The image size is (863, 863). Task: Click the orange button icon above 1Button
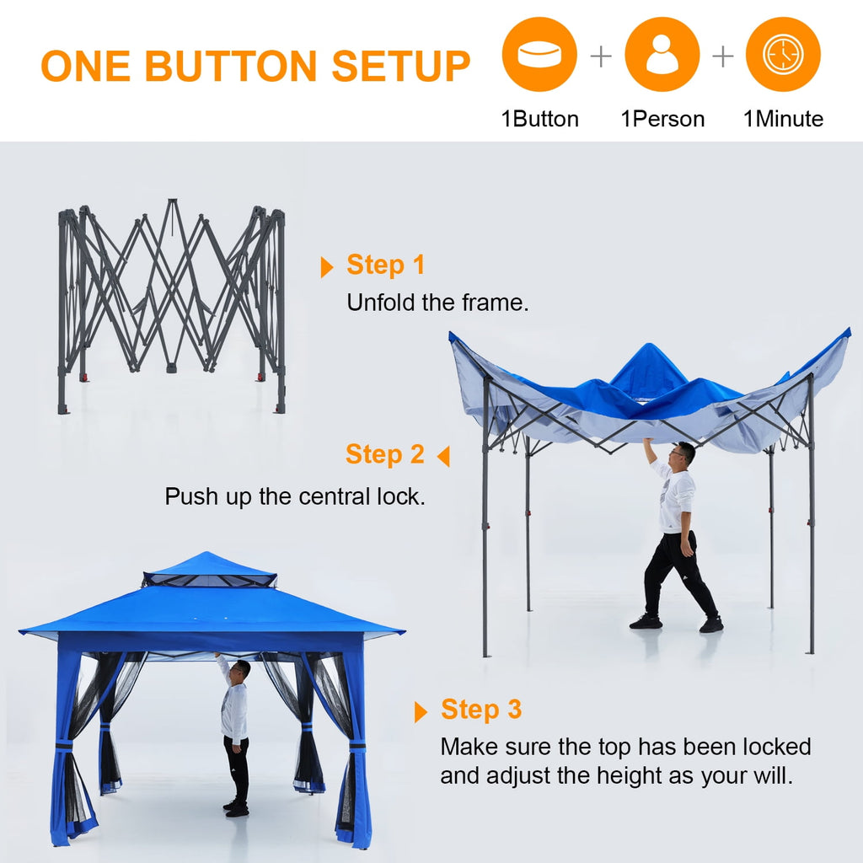[x=539, y=55]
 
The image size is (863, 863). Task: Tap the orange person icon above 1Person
[x=662, y=55]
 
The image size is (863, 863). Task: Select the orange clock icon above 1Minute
[x=783, y=55]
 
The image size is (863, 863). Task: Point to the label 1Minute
[x=783, y=119]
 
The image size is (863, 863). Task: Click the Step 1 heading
[x=386, y=265]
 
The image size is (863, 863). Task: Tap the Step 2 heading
[x=385, y=454]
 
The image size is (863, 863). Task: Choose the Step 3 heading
[x=481, y=710]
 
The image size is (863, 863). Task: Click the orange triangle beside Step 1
[x=327, y=267]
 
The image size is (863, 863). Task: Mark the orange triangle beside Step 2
[x=443, y=457]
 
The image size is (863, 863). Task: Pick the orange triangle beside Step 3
[x=421, y=712]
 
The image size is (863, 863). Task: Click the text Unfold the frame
[x=437, y=303]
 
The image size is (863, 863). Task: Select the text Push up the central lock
[x=295, y=496]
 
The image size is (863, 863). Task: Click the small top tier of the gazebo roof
[x=209, y=570]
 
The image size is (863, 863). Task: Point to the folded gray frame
[x=171, y=303]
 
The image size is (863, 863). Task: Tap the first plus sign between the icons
[x=601, y=56]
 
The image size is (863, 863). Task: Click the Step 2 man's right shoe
[x=646, y=622]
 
